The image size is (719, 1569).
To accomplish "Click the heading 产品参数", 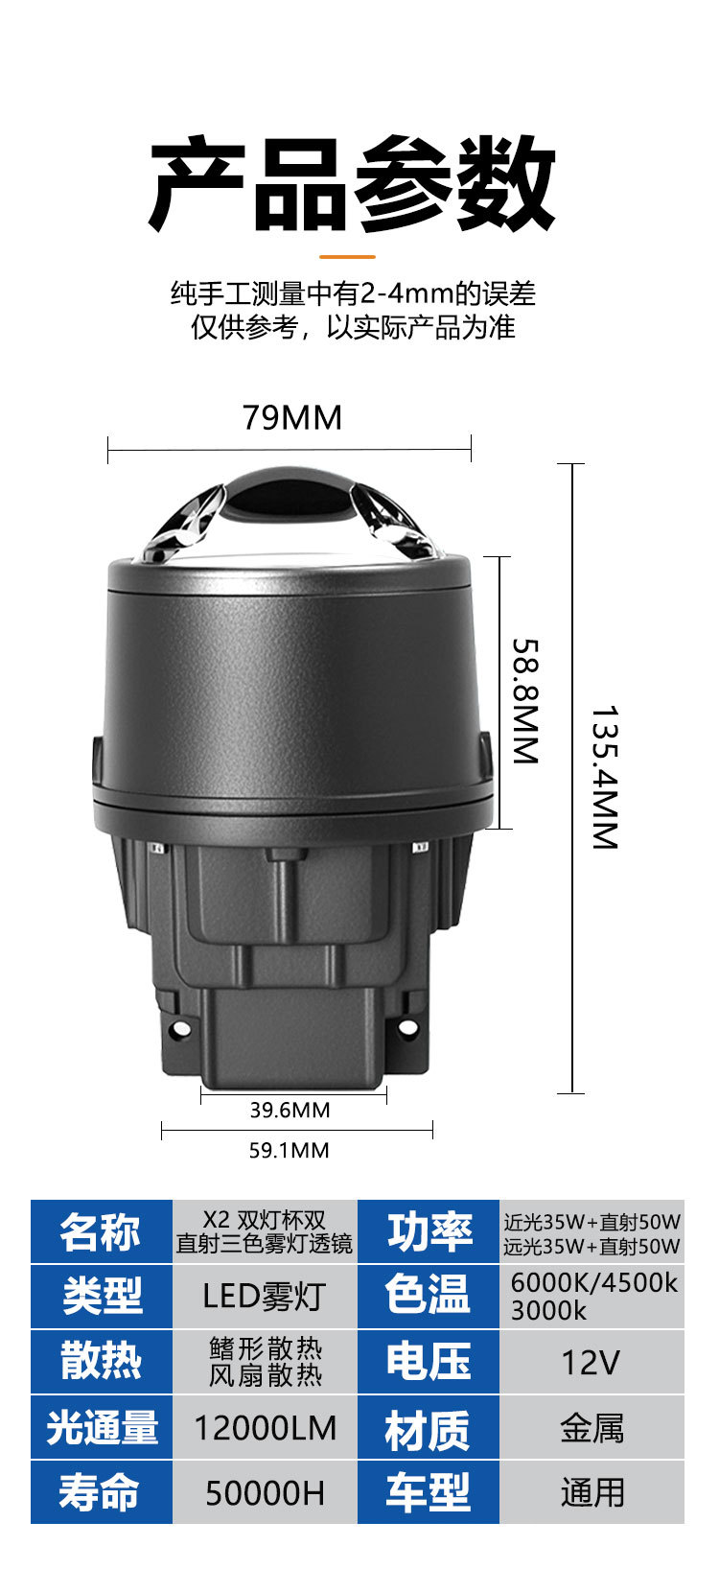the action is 352,183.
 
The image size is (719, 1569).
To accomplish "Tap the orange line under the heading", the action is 348,256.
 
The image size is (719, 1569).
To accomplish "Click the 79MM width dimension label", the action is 292,417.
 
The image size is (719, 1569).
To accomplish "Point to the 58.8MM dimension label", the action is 525,700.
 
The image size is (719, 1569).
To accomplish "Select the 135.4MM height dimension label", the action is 604,777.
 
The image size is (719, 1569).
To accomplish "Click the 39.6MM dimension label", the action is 290,1111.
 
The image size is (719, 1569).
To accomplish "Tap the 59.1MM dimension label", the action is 290,1150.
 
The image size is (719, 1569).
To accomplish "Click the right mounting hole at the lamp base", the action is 404,1027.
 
